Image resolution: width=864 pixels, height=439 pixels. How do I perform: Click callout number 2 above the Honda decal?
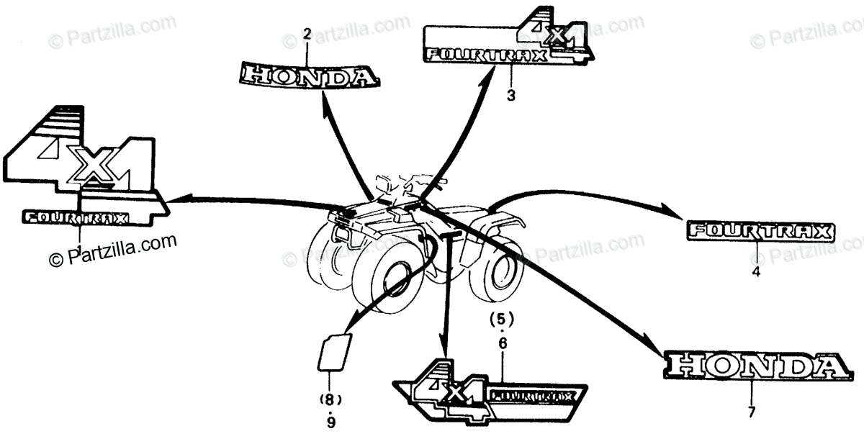pos(307,33)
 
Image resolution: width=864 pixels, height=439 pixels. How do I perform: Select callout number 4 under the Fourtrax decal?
pos(756,272)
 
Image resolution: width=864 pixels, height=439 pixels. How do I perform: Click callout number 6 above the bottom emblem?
pos(503,345)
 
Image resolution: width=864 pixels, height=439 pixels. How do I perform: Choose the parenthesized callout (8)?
pos(330,399)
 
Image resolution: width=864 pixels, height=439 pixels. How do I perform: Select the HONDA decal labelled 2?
pos(308,74)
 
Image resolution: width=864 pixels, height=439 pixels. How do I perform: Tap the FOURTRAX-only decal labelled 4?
pos(758,232)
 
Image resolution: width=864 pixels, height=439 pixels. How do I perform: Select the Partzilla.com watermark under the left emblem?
pos(112,250)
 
